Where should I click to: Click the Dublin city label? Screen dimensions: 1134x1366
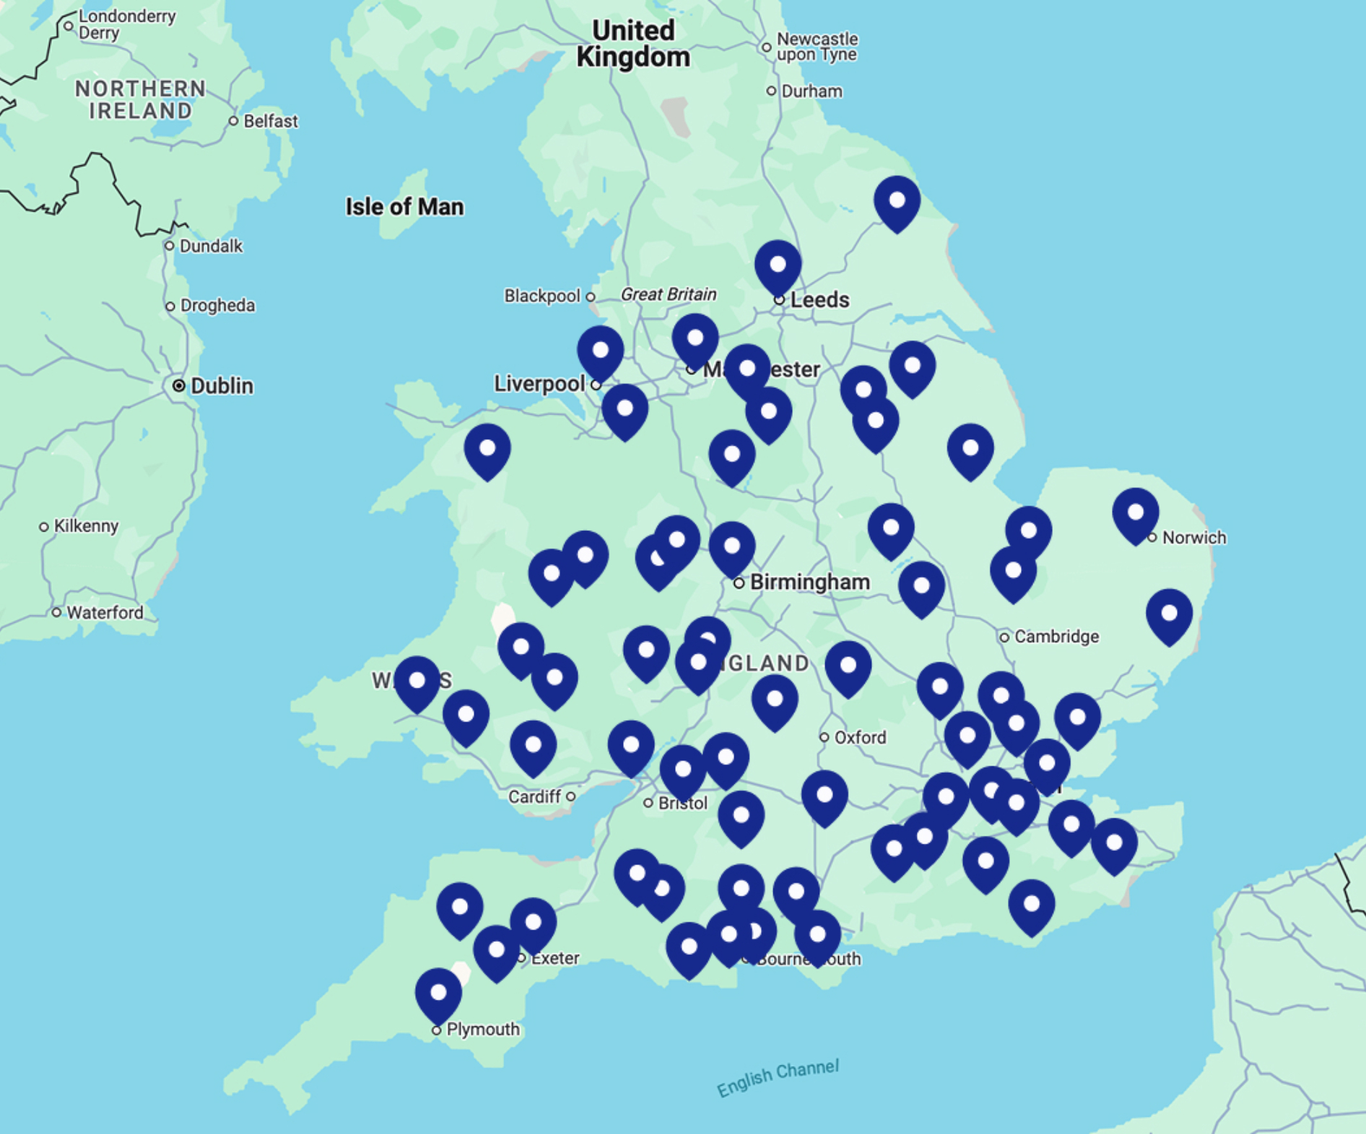pos(222,386)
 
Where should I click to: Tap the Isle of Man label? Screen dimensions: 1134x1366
pos(404,207)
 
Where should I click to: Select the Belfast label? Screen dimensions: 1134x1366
pos(270,121)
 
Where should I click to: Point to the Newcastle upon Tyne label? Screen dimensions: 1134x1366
pos(817,47)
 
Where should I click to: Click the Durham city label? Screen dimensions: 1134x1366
pos(812,92)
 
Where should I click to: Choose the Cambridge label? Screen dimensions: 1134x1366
pos(1056,636)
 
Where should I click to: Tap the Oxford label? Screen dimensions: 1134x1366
pos(859,737)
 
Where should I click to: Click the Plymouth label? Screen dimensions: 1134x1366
pos(482,1029)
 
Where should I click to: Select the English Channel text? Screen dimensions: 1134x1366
pos(778,1078)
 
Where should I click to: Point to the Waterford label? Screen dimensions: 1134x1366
pos(105,613)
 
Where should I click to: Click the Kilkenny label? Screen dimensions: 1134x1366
pos(86,526)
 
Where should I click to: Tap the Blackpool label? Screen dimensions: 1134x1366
pos(541,296)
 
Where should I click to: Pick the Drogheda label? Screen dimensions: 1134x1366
pos(217,306)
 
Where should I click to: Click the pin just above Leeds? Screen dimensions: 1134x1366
pos(778,265)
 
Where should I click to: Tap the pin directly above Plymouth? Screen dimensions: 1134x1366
pos(438,993)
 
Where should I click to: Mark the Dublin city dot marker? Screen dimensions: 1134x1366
pos(178,386)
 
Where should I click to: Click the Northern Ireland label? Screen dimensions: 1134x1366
pos(141,100)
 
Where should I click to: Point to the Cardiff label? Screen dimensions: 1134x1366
pos(534,797)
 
